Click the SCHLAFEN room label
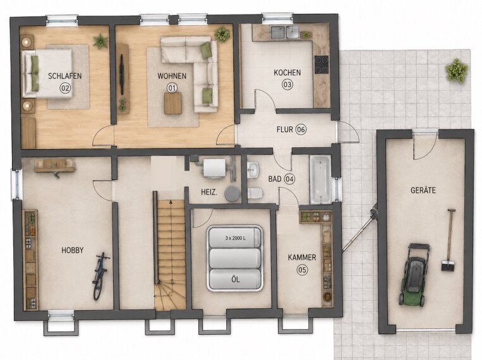coord(65,76)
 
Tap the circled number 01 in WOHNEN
coord(172,88)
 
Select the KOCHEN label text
coord(287,73)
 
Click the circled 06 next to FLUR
coord(301,129)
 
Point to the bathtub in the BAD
coord(320,179)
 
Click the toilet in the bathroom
coord(255,193)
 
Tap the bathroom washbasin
coord(253,170)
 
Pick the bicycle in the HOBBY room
coord(100,276)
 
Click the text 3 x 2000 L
coord(235,238)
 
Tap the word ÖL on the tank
coord(236,280)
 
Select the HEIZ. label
coord(209,193)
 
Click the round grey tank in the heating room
coord(232,195)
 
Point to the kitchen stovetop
coord(322,64)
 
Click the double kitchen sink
coord(284,32)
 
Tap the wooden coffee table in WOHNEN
coord(173,104)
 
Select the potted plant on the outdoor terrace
coord(457,70)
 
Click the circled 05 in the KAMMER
coord(302,270)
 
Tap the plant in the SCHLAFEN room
coord(100,41)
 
